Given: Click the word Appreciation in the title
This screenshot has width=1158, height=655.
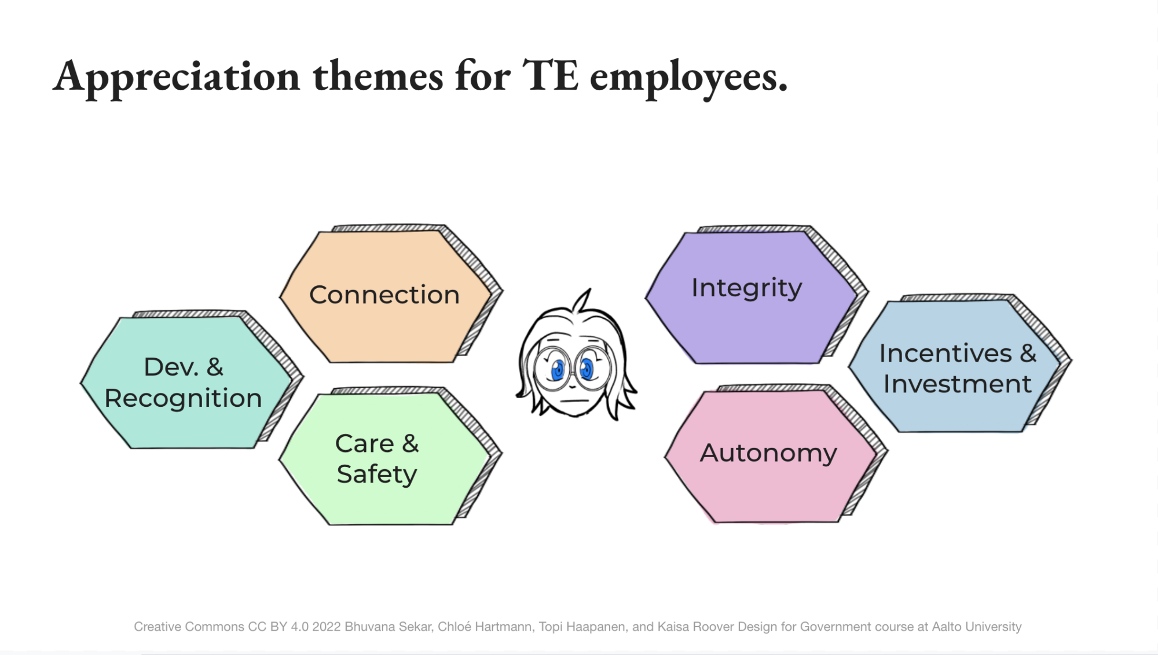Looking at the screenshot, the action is [177, 77].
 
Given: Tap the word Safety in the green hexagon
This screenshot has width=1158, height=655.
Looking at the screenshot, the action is [377, 474].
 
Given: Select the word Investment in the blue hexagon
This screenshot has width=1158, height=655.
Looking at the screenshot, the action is [958, 384].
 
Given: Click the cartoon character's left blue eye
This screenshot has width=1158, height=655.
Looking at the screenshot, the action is [558, 369].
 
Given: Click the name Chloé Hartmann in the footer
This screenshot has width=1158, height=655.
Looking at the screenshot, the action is [485, 627].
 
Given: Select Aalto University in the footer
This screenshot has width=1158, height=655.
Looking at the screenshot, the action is [977, 627].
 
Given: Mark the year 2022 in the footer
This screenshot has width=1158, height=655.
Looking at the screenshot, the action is [326, 627].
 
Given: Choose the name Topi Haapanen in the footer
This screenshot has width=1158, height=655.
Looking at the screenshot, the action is [582, 627].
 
